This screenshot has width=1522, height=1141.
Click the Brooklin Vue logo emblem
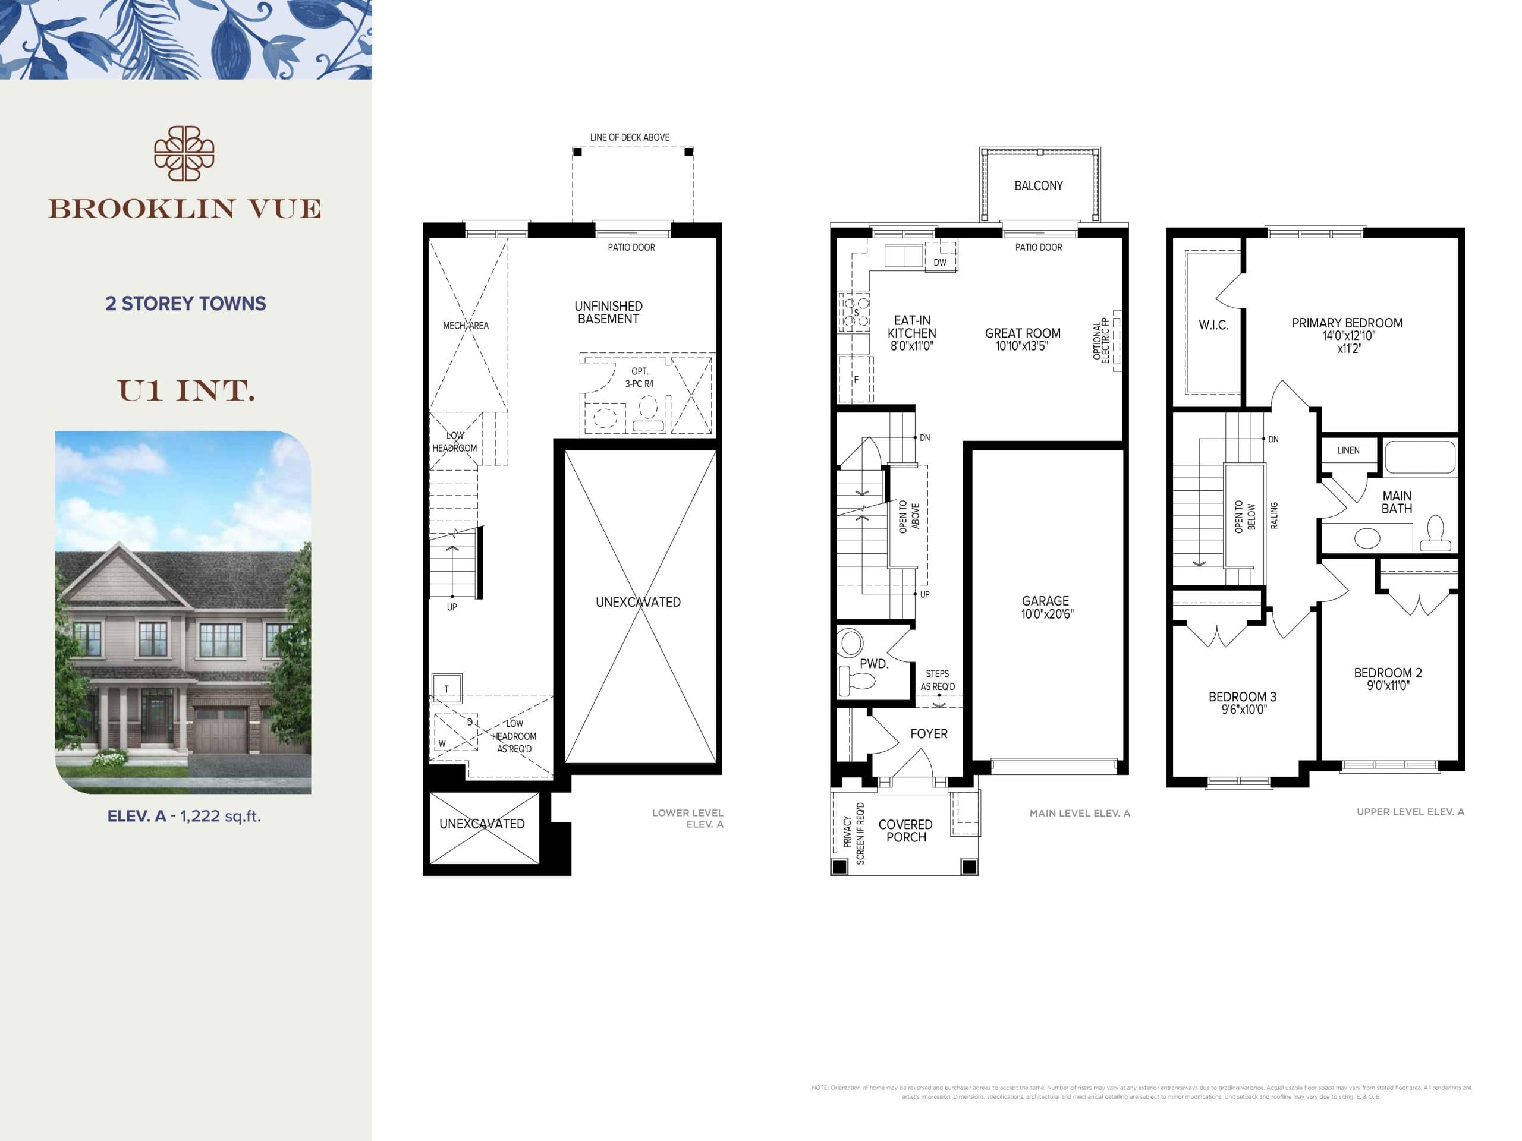184,153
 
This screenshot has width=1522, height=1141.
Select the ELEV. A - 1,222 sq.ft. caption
184,817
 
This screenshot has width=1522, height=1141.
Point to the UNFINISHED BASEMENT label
608,312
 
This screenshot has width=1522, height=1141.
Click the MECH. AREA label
466,325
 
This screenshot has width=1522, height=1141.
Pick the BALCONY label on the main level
1038,185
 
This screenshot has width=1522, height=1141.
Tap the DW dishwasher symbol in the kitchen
940,262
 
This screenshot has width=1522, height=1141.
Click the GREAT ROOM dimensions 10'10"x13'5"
1022,346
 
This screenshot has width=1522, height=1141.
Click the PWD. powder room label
874,664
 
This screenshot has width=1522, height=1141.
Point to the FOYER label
928,734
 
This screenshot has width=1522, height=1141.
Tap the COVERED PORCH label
905,830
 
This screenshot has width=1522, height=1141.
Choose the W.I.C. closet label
1213,325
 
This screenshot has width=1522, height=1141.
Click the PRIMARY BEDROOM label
1347,323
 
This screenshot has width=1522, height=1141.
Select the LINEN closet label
1348,450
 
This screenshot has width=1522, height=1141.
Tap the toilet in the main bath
1436,533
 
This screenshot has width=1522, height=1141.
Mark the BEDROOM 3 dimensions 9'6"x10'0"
1243,709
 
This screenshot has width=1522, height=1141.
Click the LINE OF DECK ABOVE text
630,137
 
